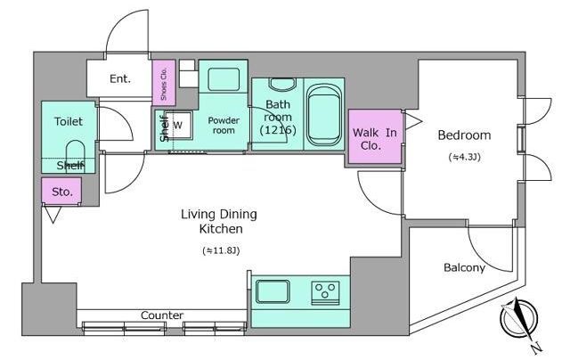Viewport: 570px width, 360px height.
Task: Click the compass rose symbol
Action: [518, 320]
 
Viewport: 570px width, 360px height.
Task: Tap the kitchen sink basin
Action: [273, 291]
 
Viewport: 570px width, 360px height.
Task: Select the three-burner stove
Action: [325, 293]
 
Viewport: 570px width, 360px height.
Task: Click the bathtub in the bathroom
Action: [324, 115]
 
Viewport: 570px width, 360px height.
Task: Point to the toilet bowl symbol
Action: [75, 153]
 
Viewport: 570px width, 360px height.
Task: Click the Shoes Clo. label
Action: [164, 84]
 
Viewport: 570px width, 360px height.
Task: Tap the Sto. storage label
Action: [62, 192]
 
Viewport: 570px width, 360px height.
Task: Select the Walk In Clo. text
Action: [374, 139]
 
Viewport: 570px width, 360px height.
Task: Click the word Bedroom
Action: [464, 135]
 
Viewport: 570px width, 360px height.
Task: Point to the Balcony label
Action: [464, 267]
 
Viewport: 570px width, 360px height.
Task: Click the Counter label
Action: [162, 315]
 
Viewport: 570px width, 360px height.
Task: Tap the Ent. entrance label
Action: [120, 78]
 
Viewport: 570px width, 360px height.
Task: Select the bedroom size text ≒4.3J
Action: [465, 157]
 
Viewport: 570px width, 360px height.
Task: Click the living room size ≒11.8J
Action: [221, 250]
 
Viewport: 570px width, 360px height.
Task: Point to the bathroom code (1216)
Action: [278, 130]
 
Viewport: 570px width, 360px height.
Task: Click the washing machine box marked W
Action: [178, 125]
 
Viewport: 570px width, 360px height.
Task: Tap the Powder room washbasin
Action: [224, 79]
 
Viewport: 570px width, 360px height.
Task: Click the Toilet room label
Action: [69, 121]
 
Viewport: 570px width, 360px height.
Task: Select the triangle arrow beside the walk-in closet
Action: [413, 120]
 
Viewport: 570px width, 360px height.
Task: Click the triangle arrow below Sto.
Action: [53, 215]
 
